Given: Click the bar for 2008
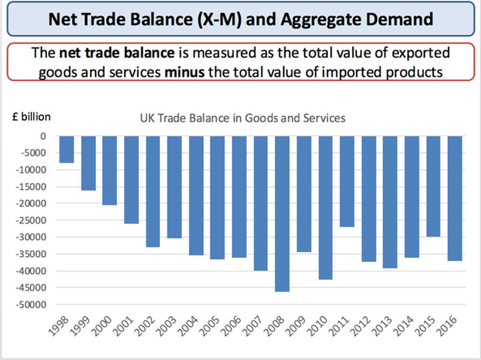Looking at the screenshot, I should pyautogui.click(x=283, y=213).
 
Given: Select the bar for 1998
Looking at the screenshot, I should pyautogui.click(x=67, y=149).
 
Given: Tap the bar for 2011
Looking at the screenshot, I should pyautogui.click(x=347, y=181).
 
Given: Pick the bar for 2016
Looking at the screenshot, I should pyautogui.click(x=455, y=198).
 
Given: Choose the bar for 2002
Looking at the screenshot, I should pyautogui.click(x=153, y=191).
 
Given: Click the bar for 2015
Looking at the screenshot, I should pyautogui.click(x=433, y=186).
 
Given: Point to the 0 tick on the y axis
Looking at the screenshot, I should pyautogui.click(x=43, y=136).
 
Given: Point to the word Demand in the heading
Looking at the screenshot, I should pyautogui.click(x=397, y=19).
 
